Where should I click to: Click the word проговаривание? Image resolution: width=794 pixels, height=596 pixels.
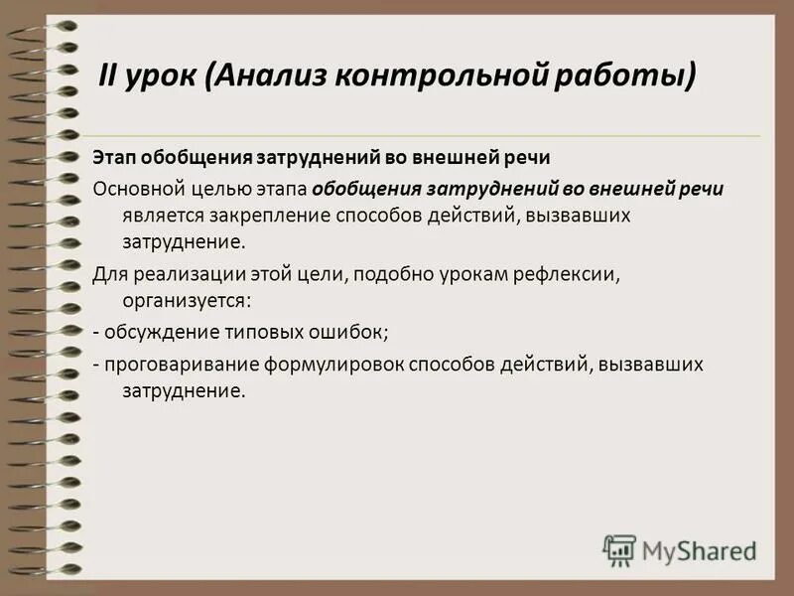(x=179, y=365)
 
